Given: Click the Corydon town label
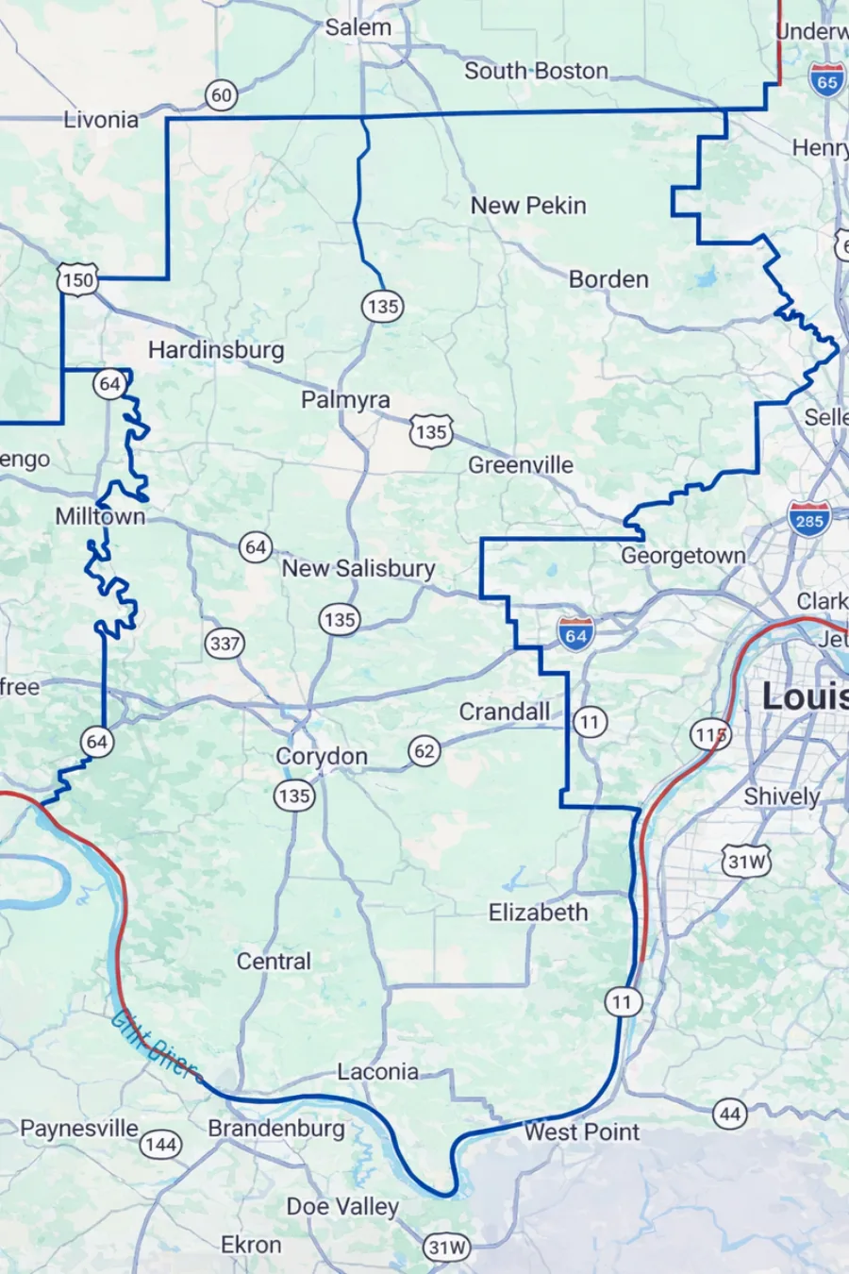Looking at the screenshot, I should (322, 757).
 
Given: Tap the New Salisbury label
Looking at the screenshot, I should (358, 568).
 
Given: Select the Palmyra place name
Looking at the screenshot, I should (345, 400).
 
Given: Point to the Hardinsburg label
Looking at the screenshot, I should (216, 350).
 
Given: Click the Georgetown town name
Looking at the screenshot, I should (683, 556).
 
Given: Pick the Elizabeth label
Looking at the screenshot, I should (538, 913).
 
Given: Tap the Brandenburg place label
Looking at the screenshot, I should (276, 1129).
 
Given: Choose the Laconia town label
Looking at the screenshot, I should (377, 1072).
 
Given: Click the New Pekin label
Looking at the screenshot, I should (528, 206).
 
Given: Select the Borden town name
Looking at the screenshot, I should (608, 279).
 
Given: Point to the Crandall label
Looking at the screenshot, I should (505, 712).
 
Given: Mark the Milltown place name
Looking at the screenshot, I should (100, 516).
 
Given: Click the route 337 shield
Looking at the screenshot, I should (225, 645).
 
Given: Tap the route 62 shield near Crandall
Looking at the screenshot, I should (424, 751).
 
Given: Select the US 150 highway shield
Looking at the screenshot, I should (77, 279).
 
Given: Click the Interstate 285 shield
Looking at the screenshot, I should (808, 519).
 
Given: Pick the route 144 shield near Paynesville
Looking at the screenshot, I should (160, 1145).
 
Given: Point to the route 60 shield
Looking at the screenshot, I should (221, 95).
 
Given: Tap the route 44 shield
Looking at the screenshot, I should (730, 1115).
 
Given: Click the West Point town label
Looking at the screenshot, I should (581, 1132).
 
